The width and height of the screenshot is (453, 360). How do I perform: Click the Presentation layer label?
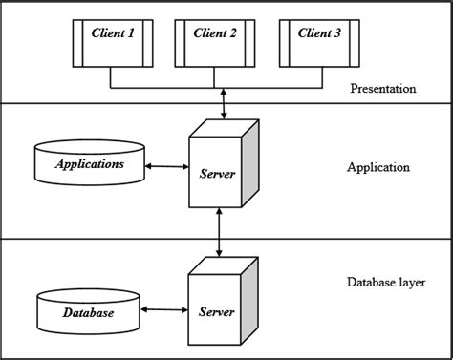tap(382, 89)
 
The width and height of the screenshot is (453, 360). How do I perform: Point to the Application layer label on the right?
tap(379, 167)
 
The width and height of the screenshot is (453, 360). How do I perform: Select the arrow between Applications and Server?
tap(167, 167)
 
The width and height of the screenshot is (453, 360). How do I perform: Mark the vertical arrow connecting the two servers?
tap(222, 234)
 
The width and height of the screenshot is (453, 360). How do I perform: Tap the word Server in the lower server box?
tap(216, 312)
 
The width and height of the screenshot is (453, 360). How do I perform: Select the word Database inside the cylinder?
tap(89, 313)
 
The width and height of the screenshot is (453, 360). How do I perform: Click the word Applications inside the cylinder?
tap(91, 164)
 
